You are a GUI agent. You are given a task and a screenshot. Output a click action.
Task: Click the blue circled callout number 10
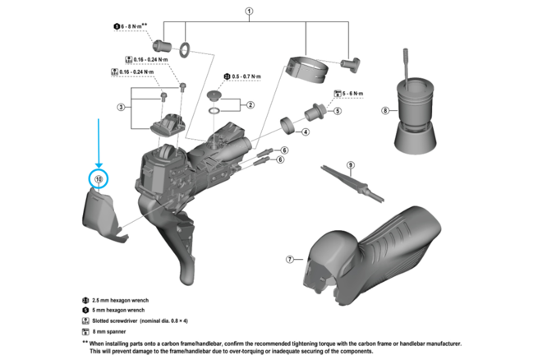pos(99,178)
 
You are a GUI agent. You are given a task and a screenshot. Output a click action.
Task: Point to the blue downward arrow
pos(99,140)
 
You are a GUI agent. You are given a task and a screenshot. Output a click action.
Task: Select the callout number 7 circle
pos(289,259)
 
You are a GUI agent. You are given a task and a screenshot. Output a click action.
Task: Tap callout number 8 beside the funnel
pos(384,109)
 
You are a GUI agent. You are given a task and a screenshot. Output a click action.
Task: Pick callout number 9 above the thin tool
pos(350,165)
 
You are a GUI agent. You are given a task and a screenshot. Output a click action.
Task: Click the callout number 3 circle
pos(121,108)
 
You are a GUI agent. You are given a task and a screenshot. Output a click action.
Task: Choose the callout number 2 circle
pos(251,105)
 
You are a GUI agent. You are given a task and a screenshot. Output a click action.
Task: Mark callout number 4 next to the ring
pos(305,132)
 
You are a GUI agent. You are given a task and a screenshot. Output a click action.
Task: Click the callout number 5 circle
pos(338,110)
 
